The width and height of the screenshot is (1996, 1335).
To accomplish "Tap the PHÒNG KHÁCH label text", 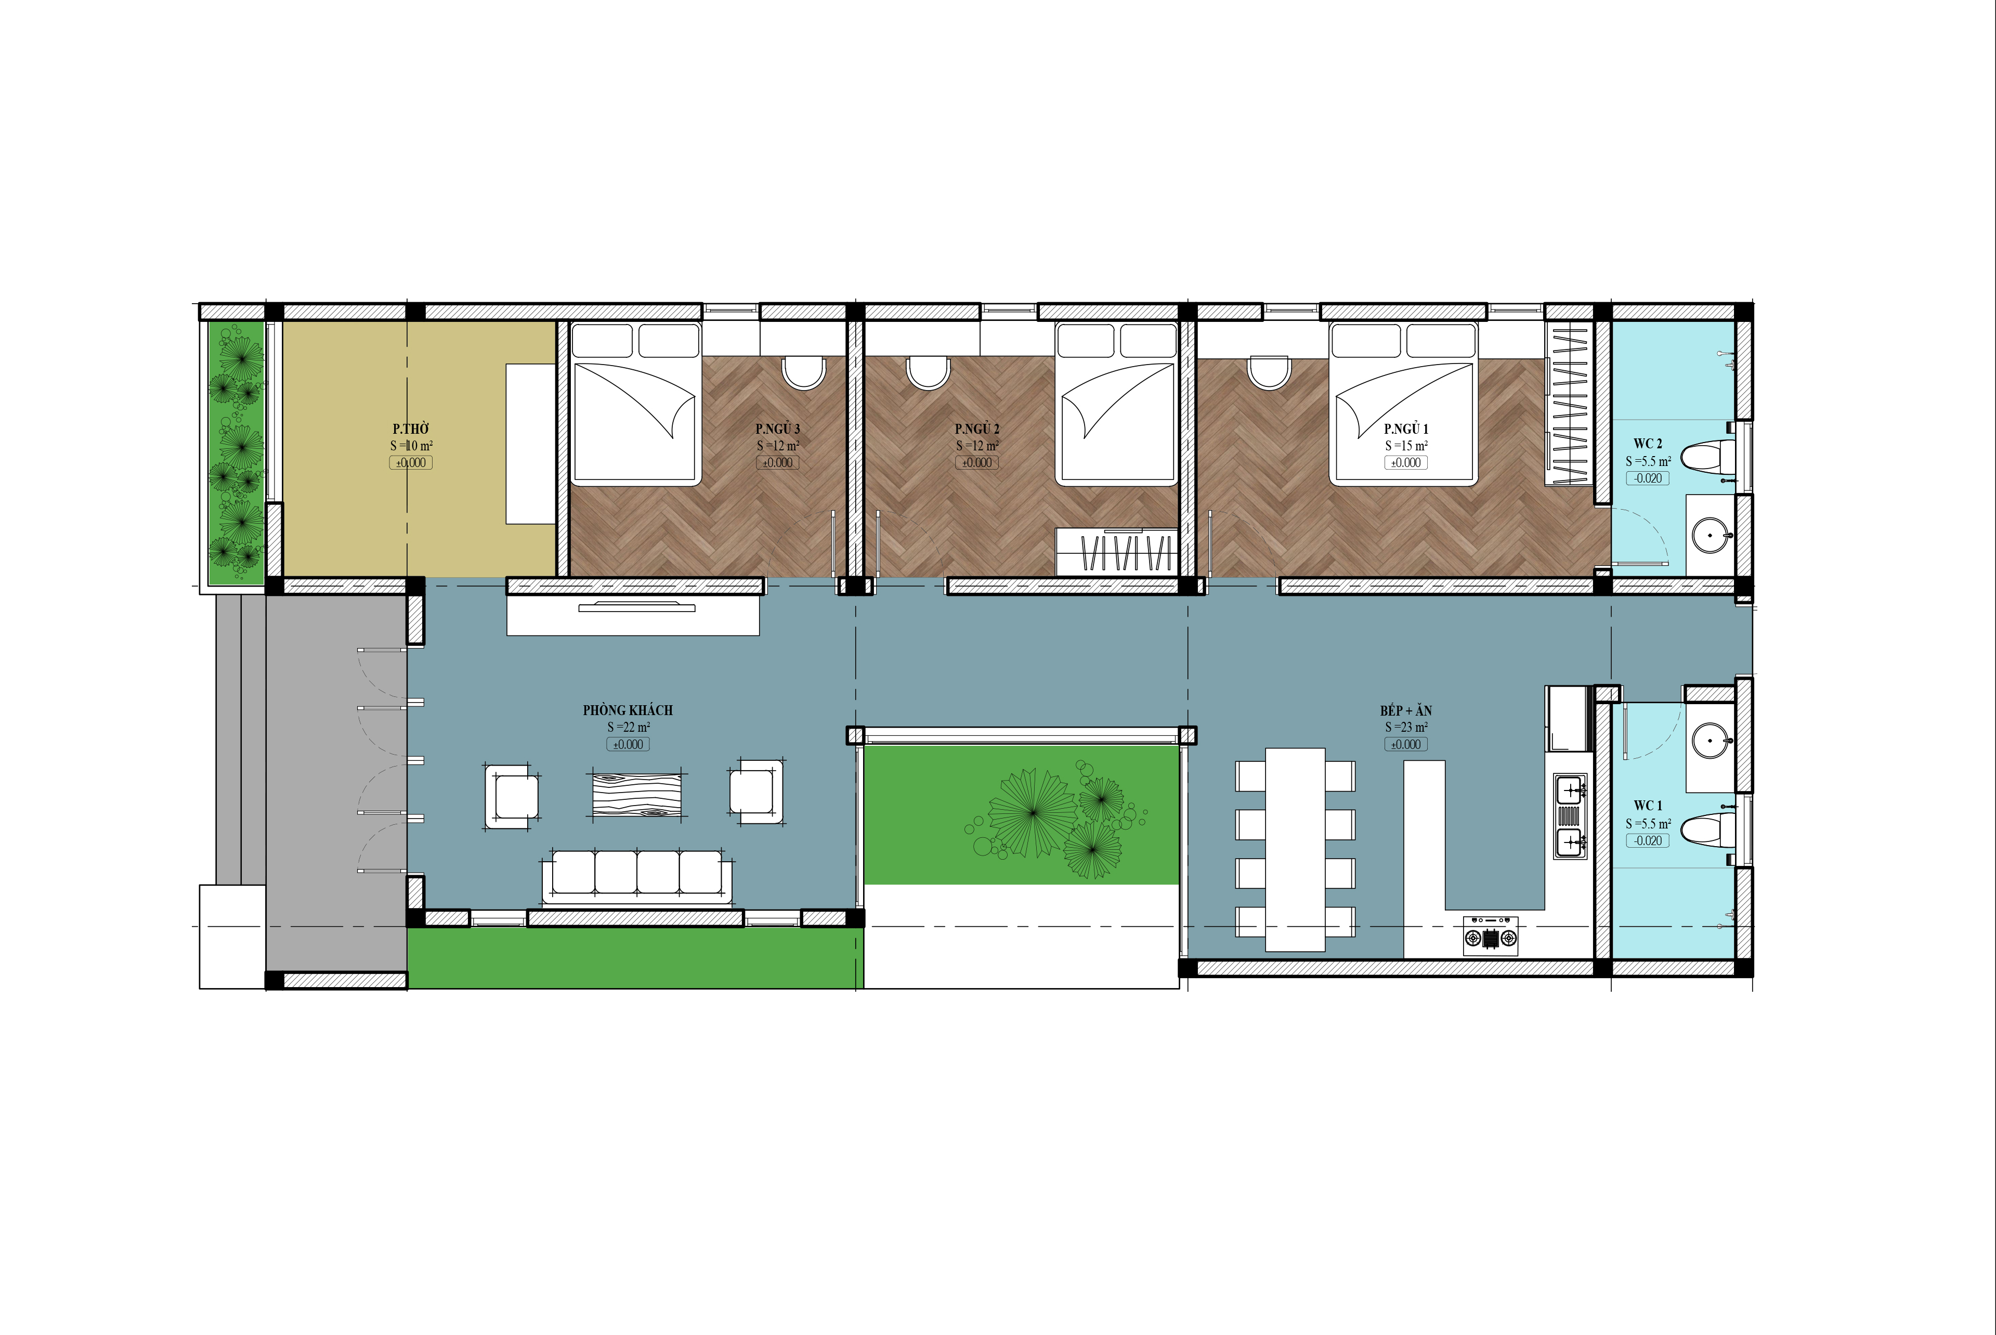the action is pos(628,710).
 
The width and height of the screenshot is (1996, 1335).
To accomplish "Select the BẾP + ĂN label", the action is pos(1406,710).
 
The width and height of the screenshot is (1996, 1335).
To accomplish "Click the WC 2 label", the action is pos(1648,444).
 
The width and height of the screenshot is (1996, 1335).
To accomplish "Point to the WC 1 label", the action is pos(1648,806).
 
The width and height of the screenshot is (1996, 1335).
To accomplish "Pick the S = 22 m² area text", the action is pos(628,727).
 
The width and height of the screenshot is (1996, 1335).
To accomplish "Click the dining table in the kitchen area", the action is pos(1295,849).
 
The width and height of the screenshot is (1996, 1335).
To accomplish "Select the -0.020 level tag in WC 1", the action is pos(1648,841).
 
